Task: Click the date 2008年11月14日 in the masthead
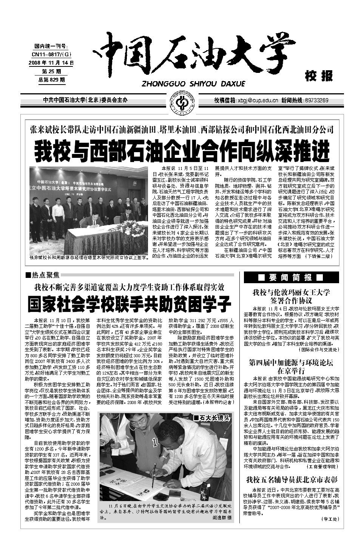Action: point(51,63)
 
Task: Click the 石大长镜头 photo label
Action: point(211,418)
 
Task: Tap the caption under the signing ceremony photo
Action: point(88,258)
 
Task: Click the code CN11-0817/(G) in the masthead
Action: point(51,54)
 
